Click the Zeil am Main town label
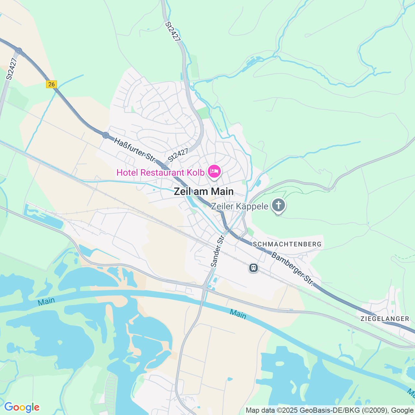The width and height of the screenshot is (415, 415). pyautogui.click(x=204, y=191)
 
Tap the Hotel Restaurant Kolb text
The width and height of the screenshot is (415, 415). pyautogui.click(x=160, y=172)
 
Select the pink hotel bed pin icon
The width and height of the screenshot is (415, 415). pyautogui.click(x=214, y=171)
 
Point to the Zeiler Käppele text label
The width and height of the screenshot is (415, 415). pyautogui.click(x=240, y=207)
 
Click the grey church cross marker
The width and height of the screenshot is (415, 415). pyautogui.click(x=279, y=205)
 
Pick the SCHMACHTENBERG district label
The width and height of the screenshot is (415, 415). pyautogui.click(x=287, y=244)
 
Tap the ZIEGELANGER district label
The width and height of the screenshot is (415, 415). pyautogui.click(x=385, y=319)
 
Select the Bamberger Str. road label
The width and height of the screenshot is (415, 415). pyautogui.click(x=293, y=269)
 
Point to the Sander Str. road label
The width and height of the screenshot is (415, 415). pyautogui.click(x=218, y=251)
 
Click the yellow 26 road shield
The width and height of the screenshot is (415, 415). pyautogui.click(x=51, y=84)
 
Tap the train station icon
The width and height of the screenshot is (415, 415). pyautogui.click(x=254, y=268)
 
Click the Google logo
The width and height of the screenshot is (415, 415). pyautogui.click(x=22, y=407)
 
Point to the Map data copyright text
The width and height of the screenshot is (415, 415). pyautogui.click(x=329, y=410)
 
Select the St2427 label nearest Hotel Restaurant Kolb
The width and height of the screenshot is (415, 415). pyautogui.click(x=178, y=155)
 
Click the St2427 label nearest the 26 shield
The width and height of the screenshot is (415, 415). pyautogui.click(x=11, y=69)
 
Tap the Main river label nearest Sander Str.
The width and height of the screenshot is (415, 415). pyautogui.click(x=238, y=314)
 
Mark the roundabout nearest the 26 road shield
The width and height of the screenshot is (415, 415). pyautogui.click(x=19, y=51)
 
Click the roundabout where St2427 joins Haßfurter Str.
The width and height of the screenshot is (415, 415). pyautogui.click(x=165, y=167)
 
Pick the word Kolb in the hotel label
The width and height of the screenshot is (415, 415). pyautogui.click(x=196, y=172)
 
